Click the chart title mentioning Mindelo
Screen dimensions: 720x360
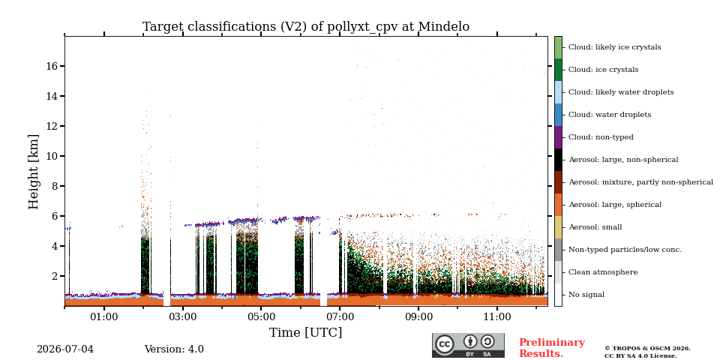click(306, 27)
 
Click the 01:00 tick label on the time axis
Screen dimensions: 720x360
click(104, 317)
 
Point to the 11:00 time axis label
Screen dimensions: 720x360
click(497, 317)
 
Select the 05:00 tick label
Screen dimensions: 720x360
click(261, 317)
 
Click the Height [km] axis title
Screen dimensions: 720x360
click(34, 172)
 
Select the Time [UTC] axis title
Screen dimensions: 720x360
click(306, 332)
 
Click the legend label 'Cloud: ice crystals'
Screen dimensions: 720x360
click(603, 70)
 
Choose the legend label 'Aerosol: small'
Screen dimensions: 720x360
click(595, 227)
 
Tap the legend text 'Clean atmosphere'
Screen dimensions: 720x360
click(603, 272)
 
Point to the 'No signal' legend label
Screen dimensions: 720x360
click(586, 295)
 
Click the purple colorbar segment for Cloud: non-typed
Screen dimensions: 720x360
click(558, 137)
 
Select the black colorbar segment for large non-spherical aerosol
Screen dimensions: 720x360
click(558, 160)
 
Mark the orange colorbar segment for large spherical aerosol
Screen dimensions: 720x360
click(558, 205)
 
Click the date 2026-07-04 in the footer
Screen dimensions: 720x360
click(65, 349)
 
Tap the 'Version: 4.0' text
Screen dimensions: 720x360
click(174, 349)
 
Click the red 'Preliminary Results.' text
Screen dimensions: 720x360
click(552, 348)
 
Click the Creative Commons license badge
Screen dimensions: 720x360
click(468, 345)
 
